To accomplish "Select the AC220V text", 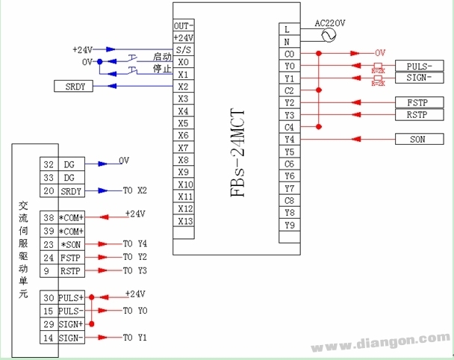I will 331,23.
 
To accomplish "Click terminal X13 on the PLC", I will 184,221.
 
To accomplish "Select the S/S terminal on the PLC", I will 184,49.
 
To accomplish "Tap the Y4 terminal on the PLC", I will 290,139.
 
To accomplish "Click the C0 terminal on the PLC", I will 290,54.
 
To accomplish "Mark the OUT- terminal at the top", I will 184,25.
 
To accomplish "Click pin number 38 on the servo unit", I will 49,217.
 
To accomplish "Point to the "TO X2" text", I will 135,190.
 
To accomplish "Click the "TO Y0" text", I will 135,310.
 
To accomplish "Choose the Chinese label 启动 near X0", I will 162,57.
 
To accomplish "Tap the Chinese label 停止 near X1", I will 162,69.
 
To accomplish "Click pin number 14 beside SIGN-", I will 49,338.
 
